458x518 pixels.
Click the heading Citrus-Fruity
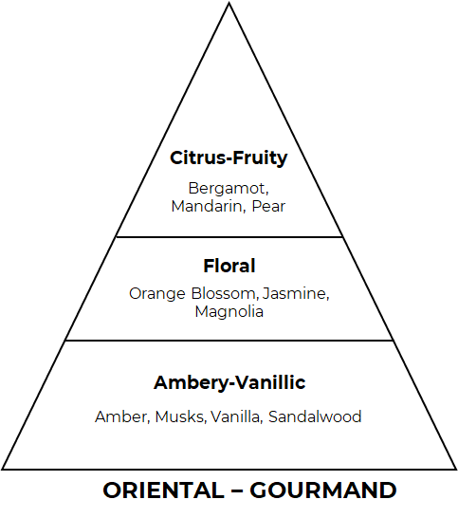point(229,158)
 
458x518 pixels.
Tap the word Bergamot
point(229,189)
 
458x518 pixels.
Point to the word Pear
point(268,207)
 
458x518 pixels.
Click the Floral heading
point(229,266)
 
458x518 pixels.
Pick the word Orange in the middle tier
point(157,294)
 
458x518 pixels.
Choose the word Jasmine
point(296,293)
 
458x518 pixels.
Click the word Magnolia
point(229,311)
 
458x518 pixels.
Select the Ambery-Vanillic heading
point(229,383)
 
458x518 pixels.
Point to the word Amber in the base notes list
point(122,416)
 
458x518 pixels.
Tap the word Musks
point(180,416)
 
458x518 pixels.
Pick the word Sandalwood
point(315,416)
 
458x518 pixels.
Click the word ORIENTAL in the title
point(163,490)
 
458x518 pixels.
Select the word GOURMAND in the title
point(323,490)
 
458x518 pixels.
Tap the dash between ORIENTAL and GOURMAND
point(237,490)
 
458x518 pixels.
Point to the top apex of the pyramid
point(229,3)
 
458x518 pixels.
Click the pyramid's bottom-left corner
point(2,469)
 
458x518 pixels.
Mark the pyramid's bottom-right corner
point(456,469)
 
